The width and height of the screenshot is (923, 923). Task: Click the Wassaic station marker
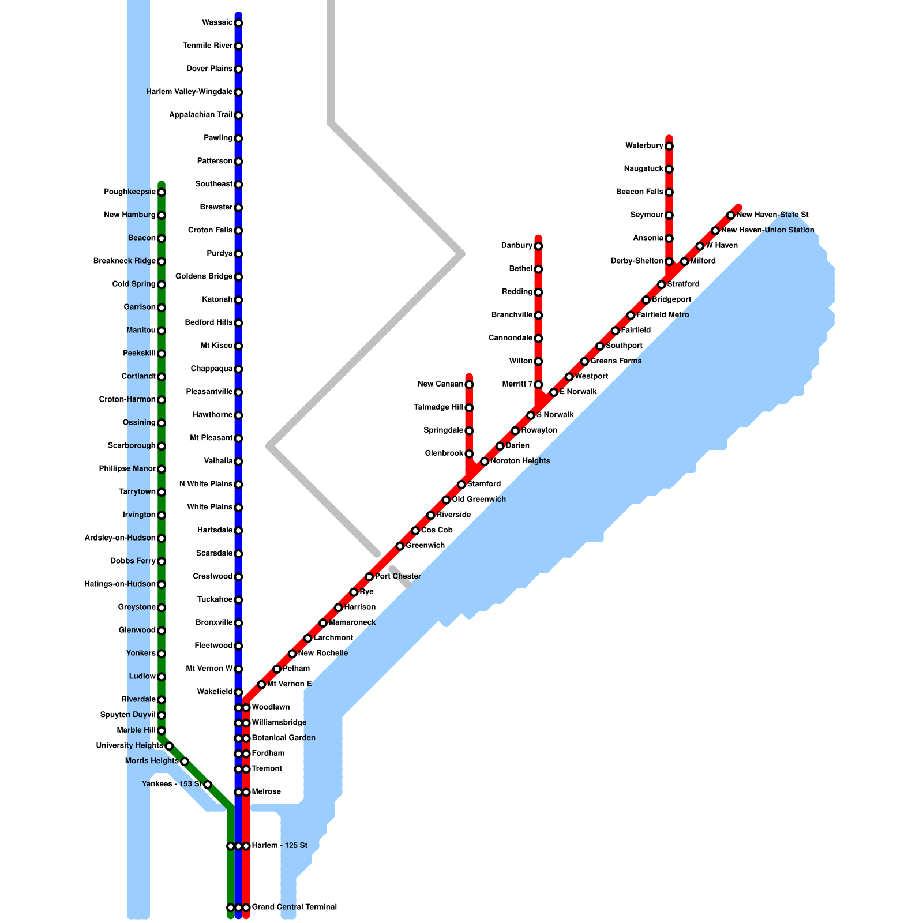[x=238, y=23]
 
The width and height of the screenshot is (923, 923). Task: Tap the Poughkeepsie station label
[x=130, y=192]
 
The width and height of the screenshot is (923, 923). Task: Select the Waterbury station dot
[x=669, y=146]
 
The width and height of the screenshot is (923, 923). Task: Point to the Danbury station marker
[x=538, y=246]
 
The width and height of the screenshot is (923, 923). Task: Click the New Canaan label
[x=440, y=384]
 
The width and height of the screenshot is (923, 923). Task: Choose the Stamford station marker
[x=461, y=485]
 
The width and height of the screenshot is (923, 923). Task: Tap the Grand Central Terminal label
[x=294, y=907]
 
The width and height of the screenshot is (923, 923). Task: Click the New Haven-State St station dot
[x=731, y=215]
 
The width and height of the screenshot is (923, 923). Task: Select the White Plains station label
[x=209, y=508]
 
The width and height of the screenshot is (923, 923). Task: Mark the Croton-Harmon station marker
[x=162, y=400]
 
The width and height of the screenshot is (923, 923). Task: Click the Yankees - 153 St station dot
[x=208, y=784]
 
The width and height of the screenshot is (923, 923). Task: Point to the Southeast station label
[x=213, y=185]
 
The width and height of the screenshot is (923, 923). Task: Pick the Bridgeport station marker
[x=646, y=300]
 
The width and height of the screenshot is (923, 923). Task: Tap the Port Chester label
[x=398, y=576]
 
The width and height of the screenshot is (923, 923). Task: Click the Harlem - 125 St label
[x=280, y=846]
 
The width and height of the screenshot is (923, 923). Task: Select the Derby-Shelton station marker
[x=669, y=261]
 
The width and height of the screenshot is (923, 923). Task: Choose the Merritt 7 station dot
[x=538, y=385]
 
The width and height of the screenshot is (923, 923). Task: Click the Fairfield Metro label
[x=663, y=315]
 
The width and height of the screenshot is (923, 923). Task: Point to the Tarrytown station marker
[x=162, y=492]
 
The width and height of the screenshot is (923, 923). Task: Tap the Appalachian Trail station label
[x=200, y=115]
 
